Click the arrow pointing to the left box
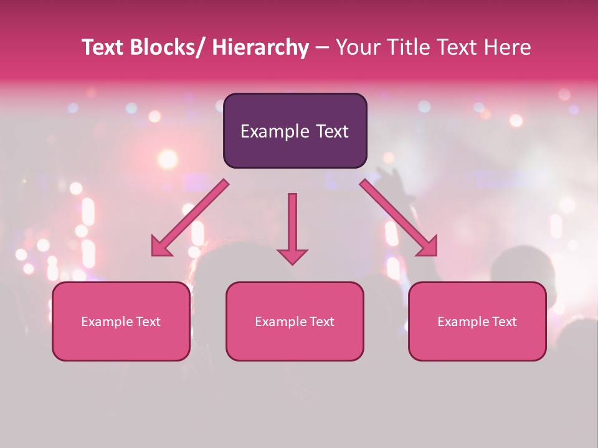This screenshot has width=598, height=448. tap(190, 218)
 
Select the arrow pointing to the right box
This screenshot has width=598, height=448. tap(399, 218)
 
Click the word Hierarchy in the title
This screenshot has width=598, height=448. tap(260, 47)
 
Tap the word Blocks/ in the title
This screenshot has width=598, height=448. tap(166, 47)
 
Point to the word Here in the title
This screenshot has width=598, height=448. tap(510, 47)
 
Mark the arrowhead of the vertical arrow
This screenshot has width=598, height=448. tap(292, 256)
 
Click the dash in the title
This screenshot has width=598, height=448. tap(322, 47)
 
